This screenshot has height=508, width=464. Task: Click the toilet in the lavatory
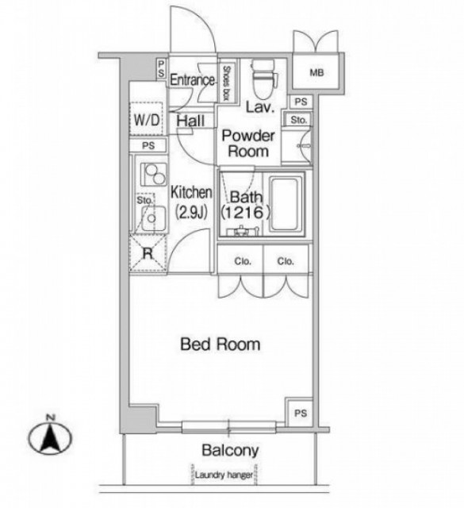[x=264, y=79]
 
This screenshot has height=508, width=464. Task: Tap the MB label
[x=316, y=72]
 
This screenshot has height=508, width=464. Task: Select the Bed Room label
[x=220, y=344]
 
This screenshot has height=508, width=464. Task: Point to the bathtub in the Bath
[x=287, y=204]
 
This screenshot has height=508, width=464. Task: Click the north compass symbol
[x=50, y=436]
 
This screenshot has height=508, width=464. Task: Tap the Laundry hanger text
[x=224, y=475]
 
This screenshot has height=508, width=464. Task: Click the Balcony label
[x=230, y=450]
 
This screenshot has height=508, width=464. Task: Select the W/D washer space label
[x=147, y=120]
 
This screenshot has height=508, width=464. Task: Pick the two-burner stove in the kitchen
[x=154, y=174]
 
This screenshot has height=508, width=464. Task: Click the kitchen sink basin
[x=151, y=217]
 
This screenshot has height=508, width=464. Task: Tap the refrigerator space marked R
[x=148, y=253]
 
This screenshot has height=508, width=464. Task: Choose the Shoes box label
[x=226, y=83]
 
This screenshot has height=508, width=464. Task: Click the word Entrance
[x=192, y=80]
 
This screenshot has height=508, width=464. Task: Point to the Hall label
[x=190, y=121]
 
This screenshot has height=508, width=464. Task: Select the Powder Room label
[x=248, y=144]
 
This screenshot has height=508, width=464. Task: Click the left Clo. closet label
[x=243, y=261]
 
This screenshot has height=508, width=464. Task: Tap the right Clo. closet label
[x=286, y=261]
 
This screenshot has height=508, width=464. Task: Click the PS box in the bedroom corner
[x=300, y=412]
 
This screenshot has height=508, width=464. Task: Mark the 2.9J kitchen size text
[x=191, y=212]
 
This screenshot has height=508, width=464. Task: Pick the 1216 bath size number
[x=245, y=213]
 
